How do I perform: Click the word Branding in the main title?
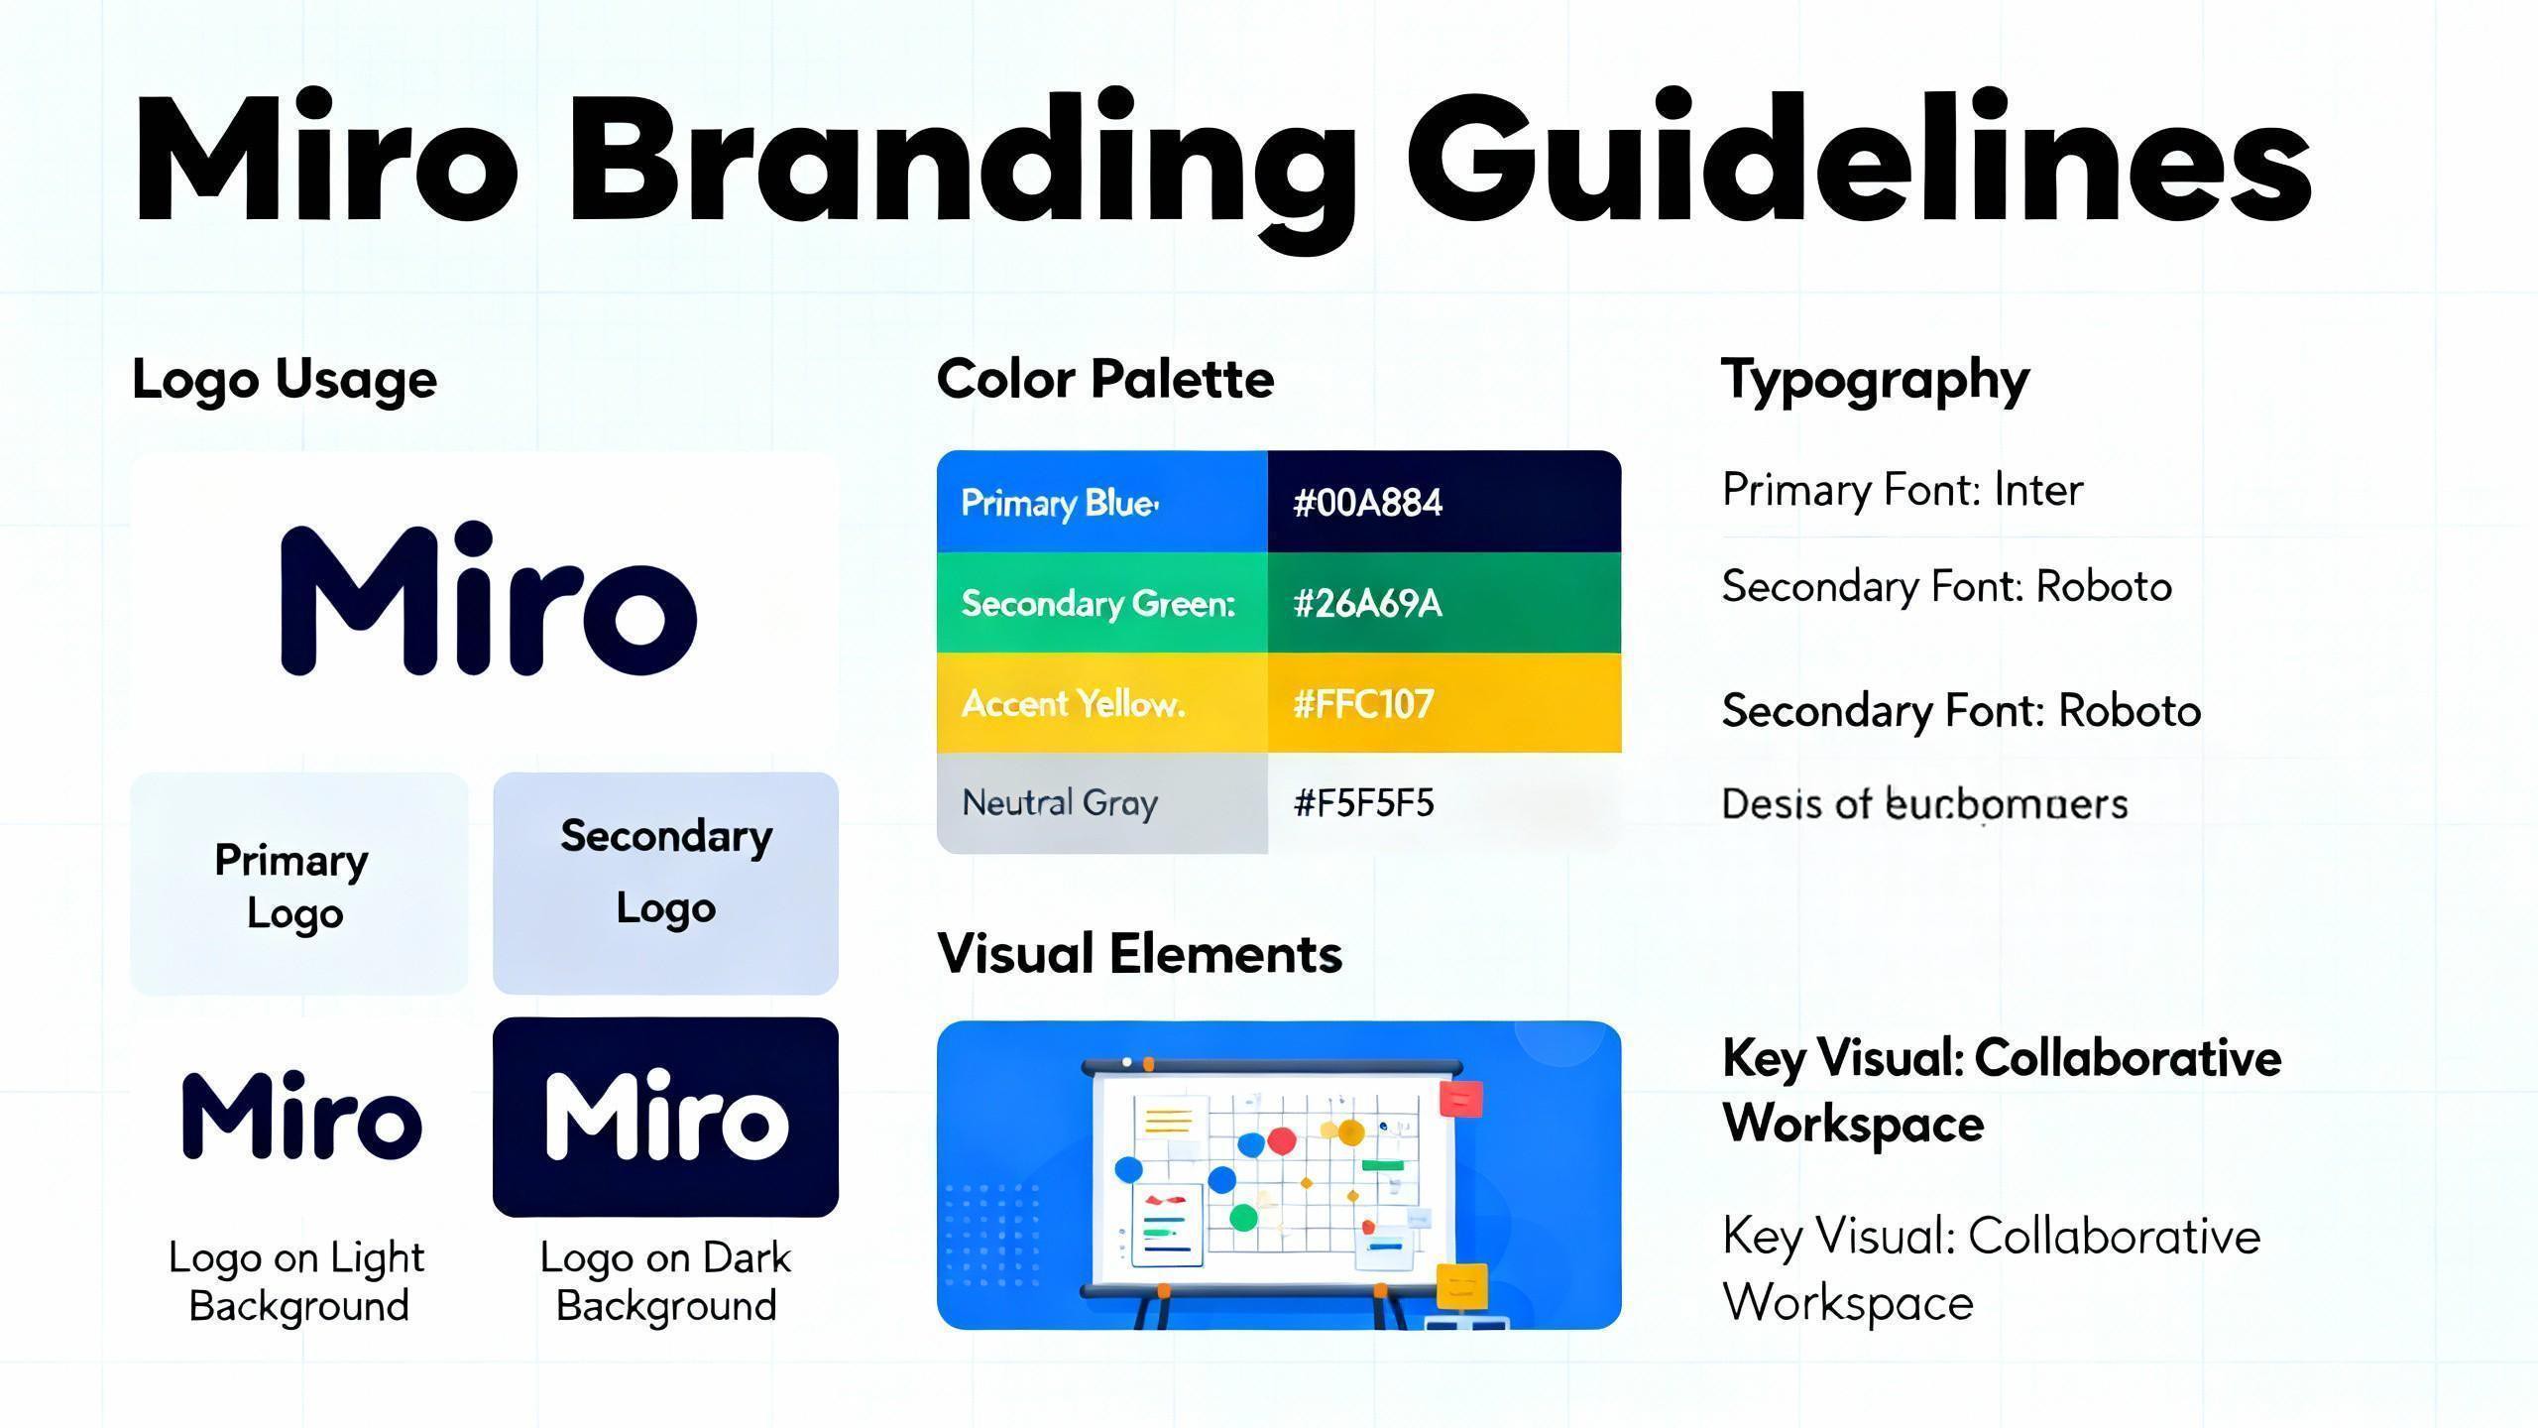(962, 159)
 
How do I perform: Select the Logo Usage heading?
(285, 380)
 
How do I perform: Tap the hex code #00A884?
(1367, 503)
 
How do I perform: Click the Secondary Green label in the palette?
(1097, 603)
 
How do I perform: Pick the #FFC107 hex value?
(1363, 704)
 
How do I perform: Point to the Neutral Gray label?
(1059, 803)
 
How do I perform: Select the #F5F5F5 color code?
(1363, 803)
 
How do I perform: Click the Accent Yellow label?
(1073, 704)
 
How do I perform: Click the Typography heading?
(1875, 380)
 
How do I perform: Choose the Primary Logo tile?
(297, 885)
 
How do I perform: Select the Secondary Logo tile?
(665, 883)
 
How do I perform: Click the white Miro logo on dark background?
(666, 1118)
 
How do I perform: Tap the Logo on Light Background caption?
(297, 1281)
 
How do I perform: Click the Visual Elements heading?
(1139, 954)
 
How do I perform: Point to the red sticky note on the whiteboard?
(1461, 1098)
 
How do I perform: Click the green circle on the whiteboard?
(1243, 1217)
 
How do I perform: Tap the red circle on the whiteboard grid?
(1282, 1141)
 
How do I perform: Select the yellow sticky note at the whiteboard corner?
(1461, 1286)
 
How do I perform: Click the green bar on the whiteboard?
(1382, 1165)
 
